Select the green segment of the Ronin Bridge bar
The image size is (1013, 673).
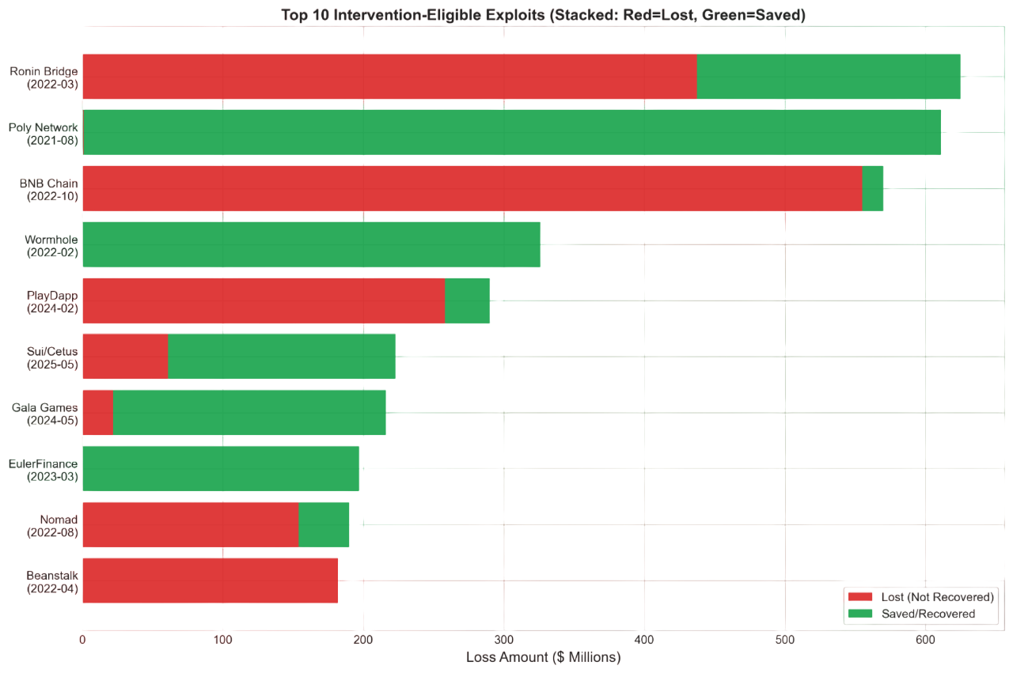tap(829, 77)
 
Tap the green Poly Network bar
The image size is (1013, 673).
tap(511, 132)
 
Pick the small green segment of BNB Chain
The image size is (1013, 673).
tap(873, 188)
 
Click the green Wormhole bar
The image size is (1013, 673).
tap(312, 244)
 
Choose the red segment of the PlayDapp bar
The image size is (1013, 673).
tap(264, 301)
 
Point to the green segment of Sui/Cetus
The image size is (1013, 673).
tap(282, 357)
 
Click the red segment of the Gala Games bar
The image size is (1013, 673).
tap(98, 412)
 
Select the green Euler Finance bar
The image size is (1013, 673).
tap(221, 468)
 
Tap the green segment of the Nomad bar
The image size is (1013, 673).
tap(324, 524)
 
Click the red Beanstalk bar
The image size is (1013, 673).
tap(210, 580)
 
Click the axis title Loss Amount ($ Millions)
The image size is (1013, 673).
tap(543, 657)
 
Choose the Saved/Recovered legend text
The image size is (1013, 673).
tap(928, 613)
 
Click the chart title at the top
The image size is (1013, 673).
tap(543, 14)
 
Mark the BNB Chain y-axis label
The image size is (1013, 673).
tap(49, 189)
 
